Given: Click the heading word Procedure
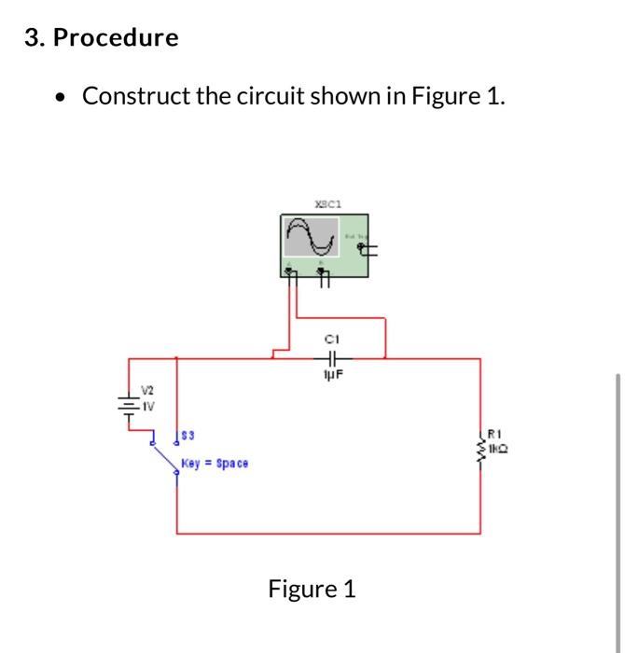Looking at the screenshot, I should [x=115, y=38].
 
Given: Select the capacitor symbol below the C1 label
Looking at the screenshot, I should [x=331, y=356].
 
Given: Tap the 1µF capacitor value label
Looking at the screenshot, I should [x=331, y=373].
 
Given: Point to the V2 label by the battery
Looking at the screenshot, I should [x=146, y=393].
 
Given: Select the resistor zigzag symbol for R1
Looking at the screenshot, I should [x=481, y=446].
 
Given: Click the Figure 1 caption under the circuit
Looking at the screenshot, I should [x=312, y=589].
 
